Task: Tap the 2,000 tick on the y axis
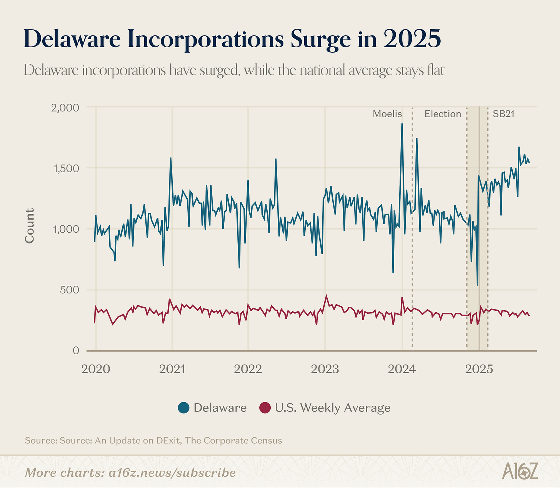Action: pyautogui.click(x=65, y=107)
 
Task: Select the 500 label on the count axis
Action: pyautogui.click(x=70, y=290)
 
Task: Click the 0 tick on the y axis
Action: pyautogui.click(x=75, y=351)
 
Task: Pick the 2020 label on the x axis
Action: pyautogui.click(x=96, y=370)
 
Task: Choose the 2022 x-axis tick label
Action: pyautogui.click(x=248, y=370)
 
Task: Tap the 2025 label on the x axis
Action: pyautogui.click(x=479, y=370)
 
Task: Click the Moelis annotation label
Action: pyautogui.click(x=387, y=114)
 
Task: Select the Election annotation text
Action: pyautogui.click(x=443, y=114)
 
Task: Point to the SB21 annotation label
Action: pyautogui.click(x=503, y=114)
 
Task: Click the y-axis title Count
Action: pyautogui.click(x=30, y=226)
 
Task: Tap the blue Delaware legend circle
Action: pyautogui.click(x=184, y=408)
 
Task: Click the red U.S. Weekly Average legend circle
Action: pyautogui.click(x=265, y=408)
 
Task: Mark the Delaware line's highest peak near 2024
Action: pyautogui.click(x=402, y=124)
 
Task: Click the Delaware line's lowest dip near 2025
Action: pyautogui.click(x=477, y=285)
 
